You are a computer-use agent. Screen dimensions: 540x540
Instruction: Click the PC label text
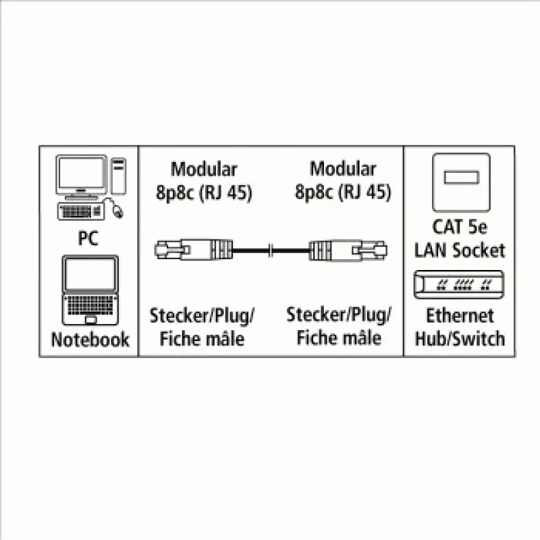pos(88,238)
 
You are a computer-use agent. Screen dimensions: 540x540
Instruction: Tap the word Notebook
pos(90,340)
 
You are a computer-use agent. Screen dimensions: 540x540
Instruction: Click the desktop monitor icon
pos(82,177)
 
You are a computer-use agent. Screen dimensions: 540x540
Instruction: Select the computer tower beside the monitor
pos(119,176)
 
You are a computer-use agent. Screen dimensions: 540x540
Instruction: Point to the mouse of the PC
pos(117,211)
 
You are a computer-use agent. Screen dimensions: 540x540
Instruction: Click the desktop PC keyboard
pos(81,211)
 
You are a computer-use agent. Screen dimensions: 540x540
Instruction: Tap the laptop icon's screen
pos(90,274)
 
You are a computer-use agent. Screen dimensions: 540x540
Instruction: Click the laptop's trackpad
pos(90,320)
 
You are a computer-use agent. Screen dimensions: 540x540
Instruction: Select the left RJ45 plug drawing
pos(194,250)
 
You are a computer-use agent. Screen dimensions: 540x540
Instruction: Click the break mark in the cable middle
pos(271,250)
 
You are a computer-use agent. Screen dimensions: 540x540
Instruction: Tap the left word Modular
pos(204,169)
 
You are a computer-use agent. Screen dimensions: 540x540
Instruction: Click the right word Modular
pos(343,169)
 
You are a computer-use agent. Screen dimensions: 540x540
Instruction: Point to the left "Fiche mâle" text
pos(202,339)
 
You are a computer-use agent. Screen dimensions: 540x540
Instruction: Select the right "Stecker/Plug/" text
pos(339,315)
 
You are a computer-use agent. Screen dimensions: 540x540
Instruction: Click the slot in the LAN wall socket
pos(462,178)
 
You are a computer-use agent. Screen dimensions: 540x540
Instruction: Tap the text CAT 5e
pos(460,227)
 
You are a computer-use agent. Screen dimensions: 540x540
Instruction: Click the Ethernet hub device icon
pos(459,284)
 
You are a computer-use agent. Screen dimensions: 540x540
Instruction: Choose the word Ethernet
pos(460,315)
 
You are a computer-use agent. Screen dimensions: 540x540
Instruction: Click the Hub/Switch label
pos(460,339)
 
